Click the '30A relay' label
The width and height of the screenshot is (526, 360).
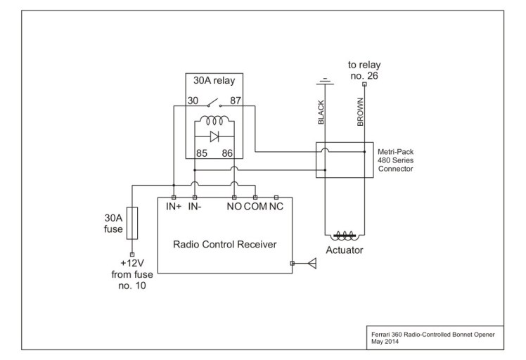tap(214, 80)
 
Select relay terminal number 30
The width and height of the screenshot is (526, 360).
tap(192, 101)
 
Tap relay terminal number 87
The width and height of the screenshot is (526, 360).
tap(236, 101)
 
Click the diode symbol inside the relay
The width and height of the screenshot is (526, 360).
tap(214, 136)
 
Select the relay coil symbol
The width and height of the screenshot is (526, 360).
tap(214, 120)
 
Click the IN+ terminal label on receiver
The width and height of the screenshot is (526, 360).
tap(174, 207)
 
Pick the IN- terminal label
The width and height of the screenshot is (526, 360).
tap(195, 207)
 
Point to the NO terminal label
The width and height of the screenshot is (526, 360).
tap(234, 207)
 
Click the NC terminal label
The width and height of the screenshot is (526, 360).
tap(276, 207)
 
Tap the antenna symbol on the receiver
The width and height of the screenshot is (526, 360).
tap(312, 264)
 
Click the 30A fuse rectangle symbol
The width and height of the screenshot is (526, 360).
tap(131, 224)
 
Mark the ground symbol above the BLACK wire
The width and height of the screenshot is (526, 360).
tap(323, 79)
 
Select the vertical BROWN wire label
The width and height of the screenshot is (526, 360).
tap(361, 112)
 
